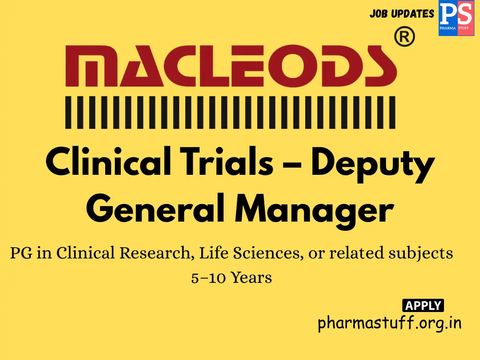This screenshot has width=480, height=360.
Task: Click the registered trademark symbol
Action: (404, 38)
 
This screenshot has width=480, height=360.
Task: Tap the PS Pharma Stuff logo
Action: (456, 18)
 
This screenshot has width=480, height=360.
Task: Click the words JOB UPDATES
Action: (402, 14)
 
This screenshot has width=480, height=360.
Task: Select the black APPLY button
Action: (423, 306)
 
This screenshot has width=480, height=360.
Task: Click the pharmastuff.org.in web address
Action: (389, 323)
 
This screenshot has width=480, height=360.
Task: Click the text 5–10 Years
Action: (232, 277)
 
